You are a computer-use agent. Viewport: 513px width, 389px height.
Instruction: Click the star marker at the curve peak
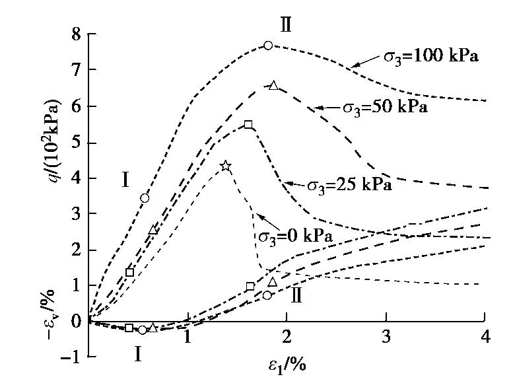click(x=226, y=166)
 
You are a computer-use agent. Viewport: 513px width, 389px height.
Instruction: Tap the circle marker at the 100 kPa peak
click(x=268, y=46)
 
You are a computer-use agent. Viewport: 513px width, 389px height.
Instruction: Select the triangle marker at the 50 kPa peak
click(x=274, y=85)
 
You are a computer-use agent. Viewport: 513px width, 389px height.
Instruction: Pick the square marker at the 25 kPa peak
click(x=248, y=125)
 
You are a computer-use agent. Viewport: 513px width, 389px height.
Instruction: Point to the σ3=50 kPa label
click(x=384, y=106)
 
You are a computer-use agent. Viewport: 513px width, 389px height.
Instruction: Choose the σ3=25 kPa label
click(x=350, y=185)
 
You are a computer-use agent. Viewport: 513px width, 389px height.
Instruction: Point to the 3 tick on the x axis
click(x=386, y=337)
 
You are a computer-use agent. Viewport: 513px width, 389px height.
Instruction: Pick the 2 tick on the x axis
click(x=286, y=337)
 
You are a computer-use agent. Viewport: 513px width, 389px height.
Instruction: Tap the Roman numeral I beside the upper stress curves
click(x=125, y=179)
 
